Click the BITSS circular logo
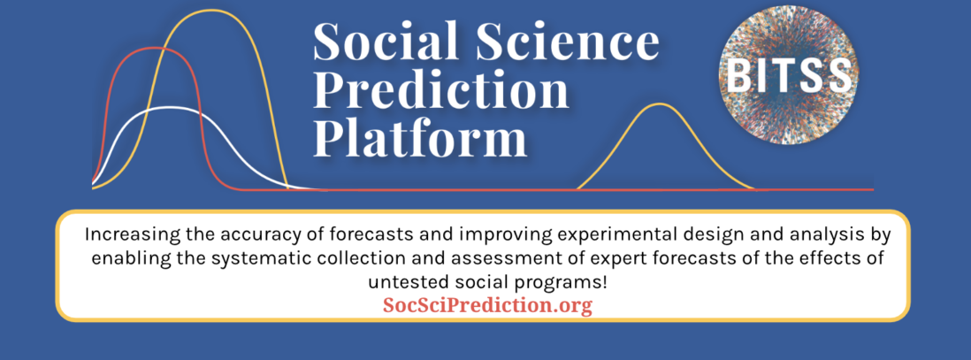pyautogui.click(x=788, y=75)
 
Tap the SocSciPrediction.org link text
pyautogui.click(x=487, y=305)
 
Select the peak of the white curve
pyautogui.click(x=170, y=108)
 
